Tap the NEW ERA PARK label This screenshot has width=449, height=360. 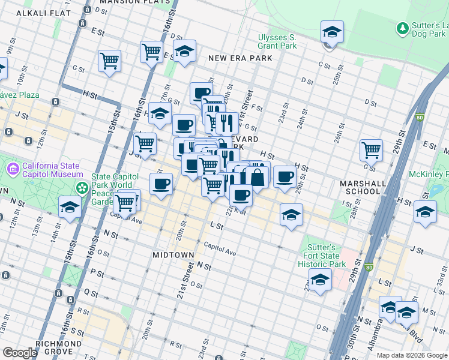tap(240, 58)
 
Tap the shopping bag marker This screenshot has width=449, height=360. tap(257, 178)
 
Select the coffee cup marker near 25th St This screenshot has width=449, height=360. tap(285, 176)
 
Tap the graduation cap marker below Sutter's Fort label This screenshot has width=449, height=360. tap(320, 280)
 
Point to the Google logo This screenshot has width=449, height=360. tap(20, 353)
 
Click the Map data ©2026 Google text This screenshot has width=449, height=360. tap(412, 355)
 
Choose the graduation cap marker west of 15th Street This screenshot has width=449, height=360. tap(70, 208)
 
